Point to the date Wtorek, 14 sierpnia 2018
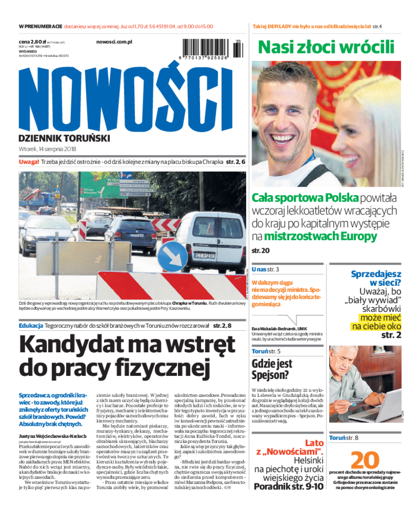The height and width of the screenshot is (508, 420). point(47,149)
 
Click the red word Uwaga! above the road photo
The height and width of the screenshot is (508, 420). point(29,162)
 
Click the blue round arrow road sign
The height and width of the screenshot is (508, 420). point(172,257)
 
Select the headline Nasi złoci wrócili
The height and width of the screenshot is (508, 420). point(325,47)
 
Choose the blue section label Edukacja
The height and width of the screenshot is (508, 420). point(30,326)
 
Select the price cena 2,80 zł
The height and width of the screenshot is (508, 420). point(31,41)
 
